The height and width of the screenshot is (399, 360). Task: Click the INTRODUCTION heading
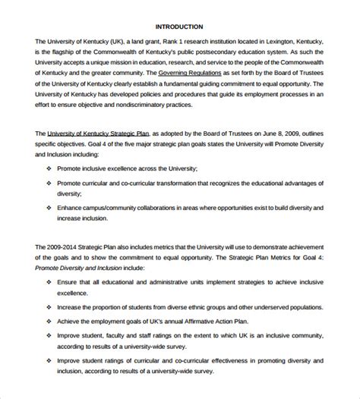pos(180,26)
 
